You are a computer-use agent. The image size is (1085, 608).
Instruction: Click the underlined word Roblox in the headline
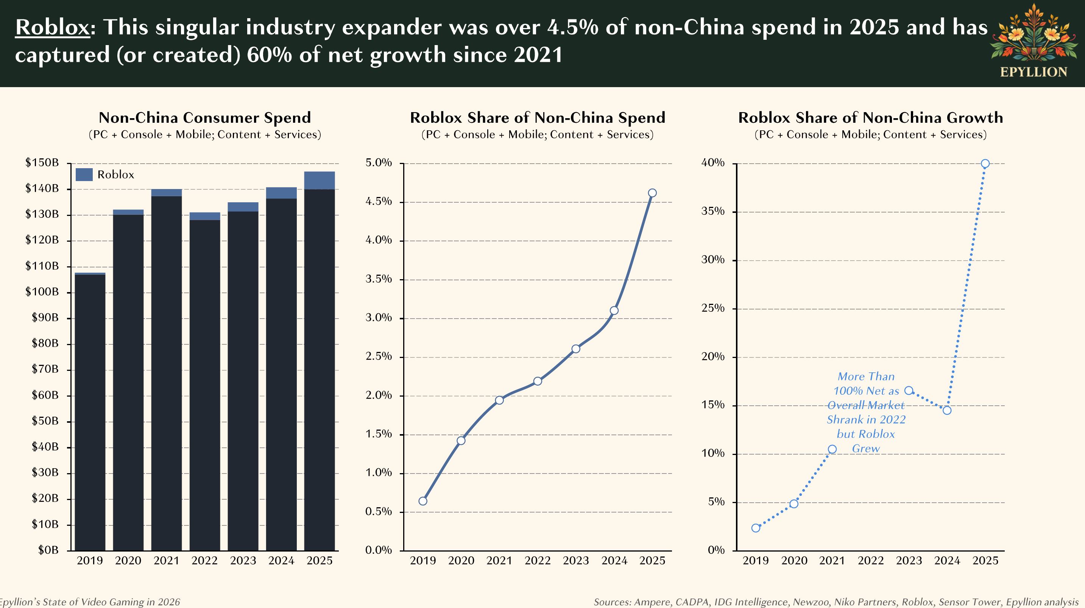pyautogui.click(x=52, y=27)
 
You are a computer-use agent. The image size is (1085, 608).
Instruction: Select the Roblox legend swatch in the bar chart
pyautogui.click(x=84, y=174)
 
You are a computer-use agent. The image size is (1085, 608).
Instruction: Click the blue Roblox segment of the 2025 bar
pyautogui.click(x=319, y=180)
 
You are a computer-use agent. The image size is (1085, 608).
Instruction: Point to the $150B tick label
pyautogui.click(x=42, y=163)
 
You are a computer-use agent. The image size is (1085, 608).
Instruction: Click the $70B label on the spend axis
pyautogui.click(x=45, y=369)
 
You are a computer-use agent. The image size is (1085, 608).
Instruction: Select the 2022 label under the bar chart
pyautogui.click(x=205, y=561)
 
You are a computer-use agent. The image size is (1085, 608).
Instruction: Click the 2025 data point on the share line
pyautogui.click(x=652, y=193)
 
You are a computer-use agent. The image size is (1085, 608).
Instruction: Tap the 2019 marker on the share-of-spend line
pyautogui.click(x=423, y=501)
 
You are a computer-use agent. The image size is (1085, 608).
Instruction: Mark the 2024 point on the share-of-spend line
pyautogui.click(x=614, y=311)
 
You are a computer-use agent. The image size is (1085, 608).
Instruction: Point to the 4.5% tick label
pyautogui.click(x=378, y=202)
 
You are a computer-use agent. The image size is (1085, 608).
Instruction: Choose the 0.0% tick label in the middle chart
pyautogui.click(x=378, y=550)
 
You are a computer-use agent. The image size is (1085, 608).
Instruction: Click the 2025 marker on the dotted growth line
pyautogui.click(x=985, y=164)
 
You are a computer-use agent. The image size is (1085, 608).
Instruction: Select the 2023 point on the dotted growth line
pyautogui.click(x=909, y=391)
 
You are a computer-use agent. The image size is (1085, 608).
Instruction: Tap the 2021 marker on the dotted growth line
pyautogui.click(x=832, y=449)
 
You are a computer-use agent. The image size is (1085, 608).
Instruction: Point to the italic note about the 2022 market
pyautogui.click(x=866, y=412)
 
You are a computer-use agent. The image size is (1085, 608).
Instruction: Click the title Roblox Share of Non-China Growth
pyautogui.click(x=870, y=117)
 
